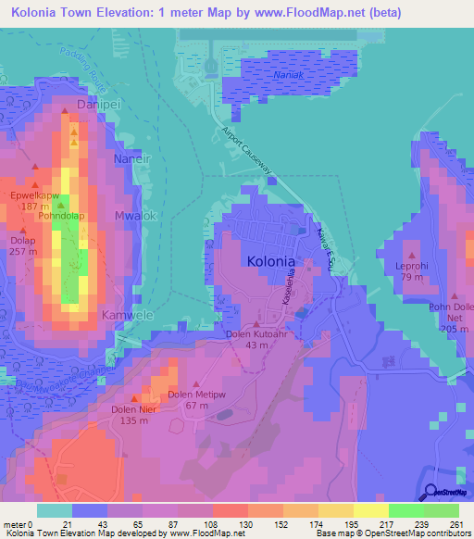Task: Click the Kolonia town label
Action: (x=274, y=261)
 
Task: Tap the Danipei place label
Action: (x=100, y=106)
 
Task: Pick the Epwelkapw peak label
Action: (x=34, y=196)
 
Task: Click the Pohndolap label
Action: (x=62, y=217)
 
